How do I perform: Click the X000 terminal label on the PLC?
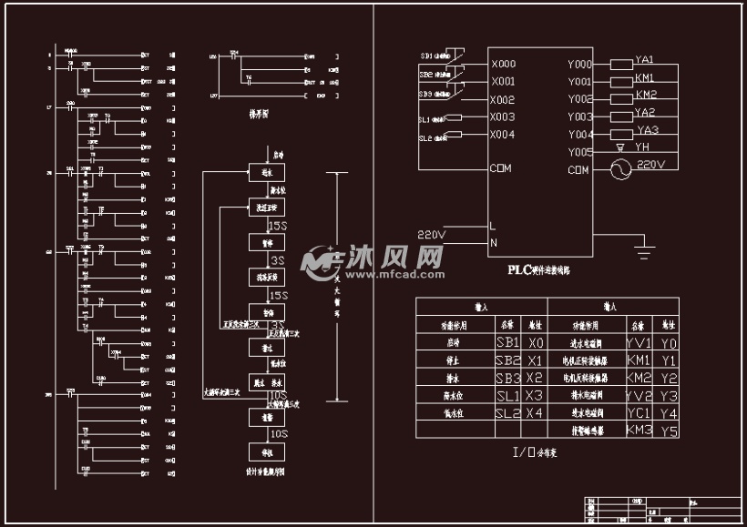tap(503, 65)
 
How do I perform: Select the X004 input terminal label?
tap(503, 135)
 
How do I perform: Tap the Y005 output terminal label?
tap(580, 152)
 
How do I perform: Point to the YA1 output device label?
tap(645, 59)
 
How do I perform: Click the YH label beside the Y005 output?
tap(642, 147)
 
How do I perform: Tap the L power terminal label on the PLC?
tap(493, 226)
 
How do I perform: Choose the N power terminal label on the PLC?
tap(494, 242)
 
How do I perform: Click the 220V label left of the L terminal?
tap(432, 235)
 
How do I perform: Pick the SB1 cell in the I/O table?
tap(507, 343)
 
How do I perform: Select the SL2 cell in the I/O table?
tap(507, 412)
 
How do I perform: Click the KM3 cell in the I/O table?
tap(640, 430)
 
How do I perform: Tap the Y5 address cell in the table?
tap(670, 430)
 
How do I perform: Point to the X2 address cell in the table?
tap(535, 378)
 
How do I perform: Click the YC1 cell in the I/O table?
tap(640, 412)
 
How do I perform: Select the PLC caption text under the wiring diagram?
tap(538, 270)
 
